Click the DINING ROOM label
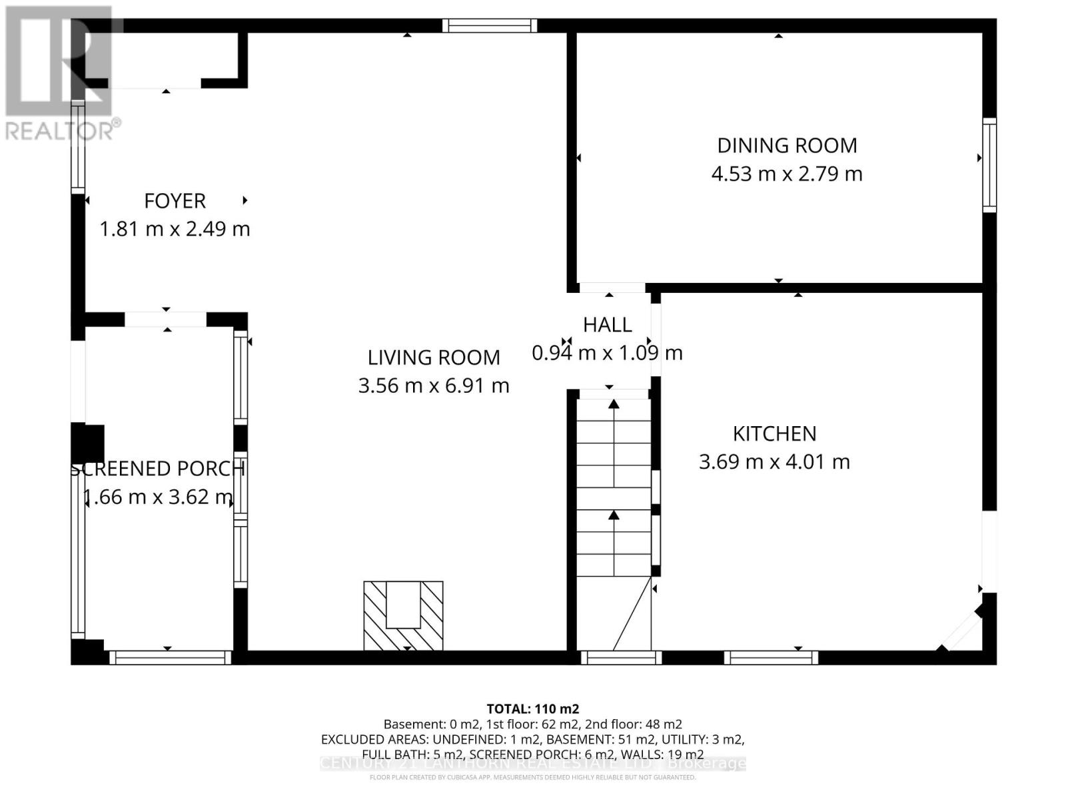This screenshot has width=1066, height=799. (x=787, y=145)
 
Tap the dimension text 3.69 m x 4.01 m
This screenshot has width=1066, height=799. (x=774, y=461)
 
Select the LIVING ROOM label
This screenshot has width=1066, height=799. (x=434, y=358)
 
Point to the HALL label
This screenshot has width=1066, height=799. (x=607, y=325)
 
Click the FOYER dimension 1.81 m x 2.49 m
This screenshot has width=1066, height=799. (x=175, y=229)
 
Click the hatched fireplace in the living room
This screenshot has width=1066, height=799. (x=403, y=615)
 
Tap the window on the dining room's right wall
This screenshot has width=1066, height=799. (x=989, y=165)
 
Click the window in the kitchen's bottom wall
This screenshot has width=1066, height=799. (x=771, y=658)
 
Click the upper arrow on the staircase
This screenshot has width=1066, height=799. (x=614, y=405)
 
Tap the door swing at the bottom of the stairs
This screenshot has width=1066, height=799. (x=630, y=616)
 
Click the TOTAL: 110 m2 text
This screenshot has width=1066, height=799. (x=532, y=708)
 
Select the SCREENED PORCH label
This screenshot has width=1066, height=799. (x=158, y=469)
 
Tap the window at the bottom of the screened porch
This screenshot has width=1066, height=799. (x=170, y=658)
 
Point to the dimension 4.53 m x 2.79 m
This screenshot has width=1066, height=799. (x=787, y=174)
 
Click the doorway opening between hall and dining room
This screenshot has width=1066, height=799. (x=611, y=288)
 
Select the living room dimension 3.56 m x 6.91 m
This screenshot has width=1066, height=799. (x=434, y=386)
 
